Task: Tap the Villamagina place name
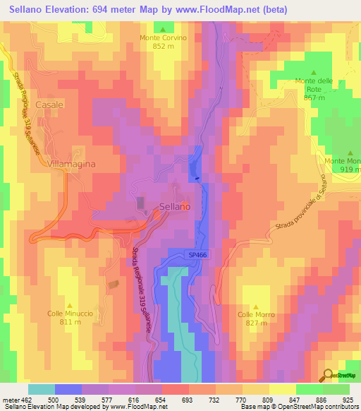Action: (x=71, y=163)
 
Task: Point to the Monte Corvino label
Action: (x=163, y=38)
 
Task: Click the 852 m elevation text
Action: (x=163, y=47)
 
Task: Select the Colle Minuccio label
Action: (x=70, y=314)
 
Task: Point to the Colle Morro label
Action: (x=255, y=314)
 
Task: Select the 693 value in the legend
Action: (x=186, y=399)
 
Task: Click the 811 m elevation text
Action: (x=70, y=322)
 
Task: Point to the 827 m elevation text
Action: (x=255, y=323)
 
